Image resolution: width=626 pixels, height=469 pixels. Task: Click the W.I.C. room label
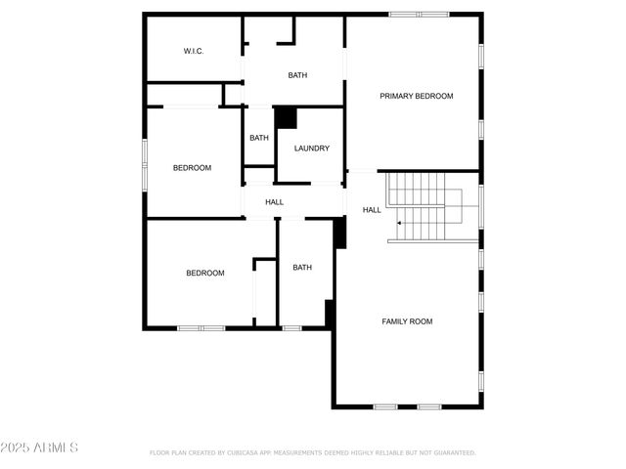coord(194,51)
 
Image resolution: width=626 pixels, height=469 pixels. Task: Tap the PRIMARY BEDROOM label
coord(417,96)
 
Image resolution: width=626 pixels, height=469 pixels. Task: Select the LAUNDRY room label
coord(312,149)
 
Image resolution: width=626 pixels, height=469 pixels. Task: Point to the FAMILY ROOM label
coord(407,321)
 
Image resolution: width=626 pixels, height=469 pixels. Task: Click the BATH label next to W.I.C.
coord(297,75)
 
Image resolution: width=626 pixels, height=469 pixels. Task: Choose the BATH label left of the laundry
coord(259,138)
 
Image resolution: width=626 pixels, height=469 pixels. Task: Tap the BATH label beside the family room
coord(302,268)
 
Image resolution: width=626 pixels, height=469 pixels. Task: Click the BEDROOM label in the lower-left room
coord(205,274)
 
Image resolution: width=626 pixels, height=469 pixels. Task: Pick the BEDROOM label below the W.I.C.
coord(192,168)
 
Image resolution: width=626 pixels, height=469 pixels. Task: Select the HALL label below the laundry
coord(275,202)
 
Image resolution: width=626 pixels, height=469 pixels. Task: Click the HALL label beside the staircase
coord(372,210)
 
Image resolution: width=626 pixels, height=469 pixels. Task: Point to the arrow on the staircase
coord(400,224)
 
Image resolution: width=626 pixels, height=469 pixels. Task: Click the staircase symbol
coord(425,206)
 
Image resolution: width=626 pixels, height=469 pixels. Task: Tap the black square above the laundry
coord(286,117)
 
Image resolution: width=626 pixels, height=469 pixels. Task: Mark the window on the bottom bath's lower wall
coord(291,328)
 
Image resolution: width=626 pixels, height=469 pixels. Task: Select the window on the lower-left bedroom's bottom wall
coord(201,328)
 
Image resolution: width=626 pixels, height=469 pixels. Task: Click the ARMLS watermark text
coord(41,448)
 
